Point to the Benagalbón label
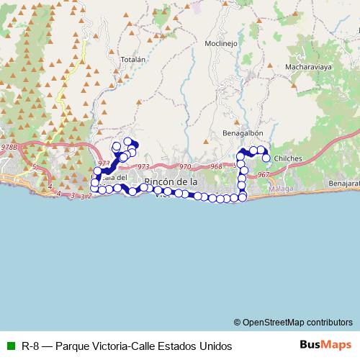pyautogui.click(x=237, y=132)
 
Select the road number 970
pyautogui.click(x=185, y=167)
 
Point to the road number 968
pyautogui.click(x=217, y=168)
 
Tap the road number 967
pyautogui.click(x=263, y=175)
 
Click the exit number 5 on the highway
pyautogui.click(x=34, y=167)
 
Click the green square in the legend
pyautogui.click(x=9, y=346)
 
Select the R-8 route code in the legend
pyautogui.click(x=30, y=346)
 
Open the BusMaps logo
pyautogui.click(x=326, y=345)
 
